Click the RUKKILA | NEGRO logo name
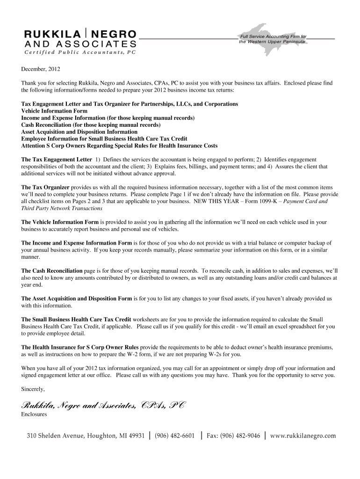click(80, 34)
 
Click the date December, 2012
click(41, 70)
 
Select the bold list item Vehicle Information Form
click(54, 111)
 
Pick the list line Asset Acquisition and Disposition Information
click(79, 132)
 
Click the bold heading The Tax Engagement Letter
click(57, 160)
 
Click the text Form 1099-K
click(261, 201)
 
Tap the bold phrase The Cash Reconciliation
click(52, 271)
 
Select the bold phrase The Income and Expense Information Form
click(77, 243)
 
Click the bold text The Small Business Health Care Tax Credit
click(76, 319)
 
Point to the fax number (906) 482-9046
click(240, 435)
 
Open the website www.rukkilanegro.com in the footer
click(303, 435)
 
